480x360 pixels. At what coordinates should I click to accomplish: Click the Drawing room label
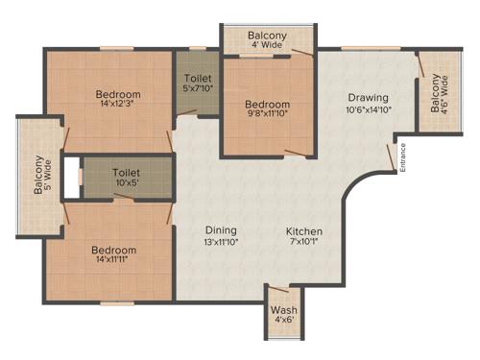pos(368,97)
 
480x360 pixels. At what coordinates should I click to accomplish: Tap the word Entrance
pos(404,156)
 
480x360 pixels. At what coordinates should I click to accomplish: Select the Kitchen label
pos(303,231)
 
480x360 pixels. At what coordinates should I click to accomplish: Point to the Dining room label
pos(222,231)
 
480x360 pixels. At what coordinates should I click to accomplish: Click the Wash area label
pos(283,310)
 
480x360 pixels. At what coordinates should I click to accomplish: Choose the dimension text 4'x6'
pos(283,322)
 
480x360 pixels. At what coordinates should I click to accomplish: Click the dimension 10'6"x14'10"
pos(368,109)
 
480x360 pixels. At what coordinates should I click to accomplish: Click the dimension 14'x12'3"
pos(118,107)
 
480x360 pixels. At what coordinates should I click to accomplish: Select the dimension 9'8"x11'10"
pos(267,117)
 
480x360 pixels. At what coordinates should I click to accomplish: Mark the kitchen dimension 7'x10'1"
pos(303,244)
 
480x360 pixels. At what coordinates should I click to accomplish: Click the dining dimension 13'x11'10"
pos(222,244)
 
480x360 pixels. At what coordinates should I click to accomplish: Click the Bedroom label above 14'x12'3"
pos(118,94)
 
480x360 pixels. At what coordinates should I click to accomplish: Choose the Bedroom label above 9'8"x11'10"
pos(267,105)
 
